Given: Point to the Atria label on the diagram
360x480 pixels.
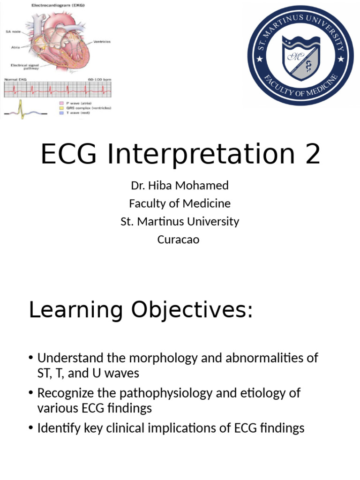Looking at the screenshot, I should (x=15, y=46).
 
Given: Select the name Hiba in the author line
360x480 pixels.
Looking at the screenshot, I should (x=161, y=185).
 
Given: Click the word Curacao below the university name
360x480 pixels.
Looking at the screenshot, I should (x=178, y=239).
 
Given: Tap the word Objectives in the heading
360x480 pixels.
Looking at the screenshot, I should (x=192, y=310).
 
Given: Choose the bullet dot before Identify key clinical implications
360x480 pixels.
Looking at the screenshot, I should (x=31, y=427).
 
